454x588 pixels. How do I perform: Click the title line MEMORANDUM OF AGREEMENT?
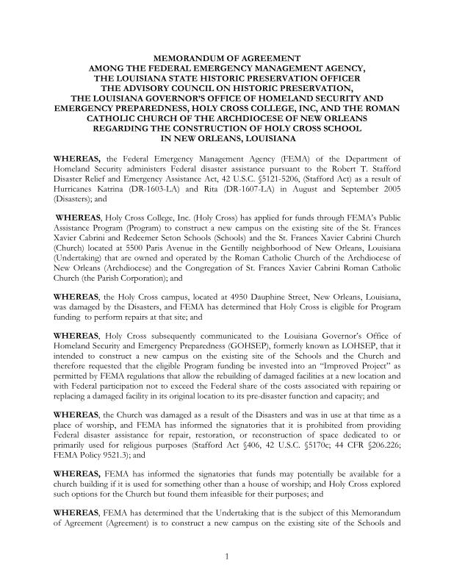tap(227, 57)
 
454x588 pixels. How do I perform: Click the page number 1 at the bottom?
tap(227, 556)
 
